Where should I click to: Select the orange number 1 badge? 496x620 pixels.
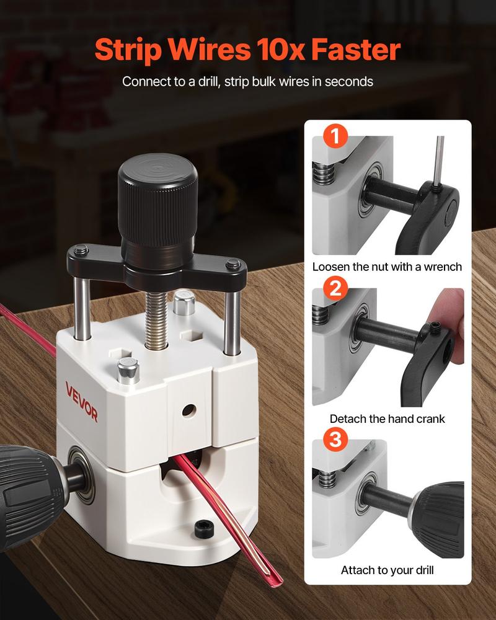[335, 137]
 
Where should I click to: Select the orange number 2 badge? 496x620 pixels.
[335, 289]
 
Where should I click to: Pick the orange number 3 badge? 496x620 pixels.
[335, 441]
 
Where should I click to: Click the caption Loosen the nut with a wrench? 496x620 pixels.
[387, 267]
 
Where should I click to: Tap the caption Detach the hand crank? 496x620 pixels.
[387, 419]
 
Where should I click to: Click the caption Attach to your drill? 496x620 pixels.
[387, 570]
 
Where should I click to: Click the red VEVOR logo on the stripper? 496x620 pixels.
[82, 402]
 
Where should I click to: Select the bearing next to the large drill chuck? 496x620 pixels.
[79, 471]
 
